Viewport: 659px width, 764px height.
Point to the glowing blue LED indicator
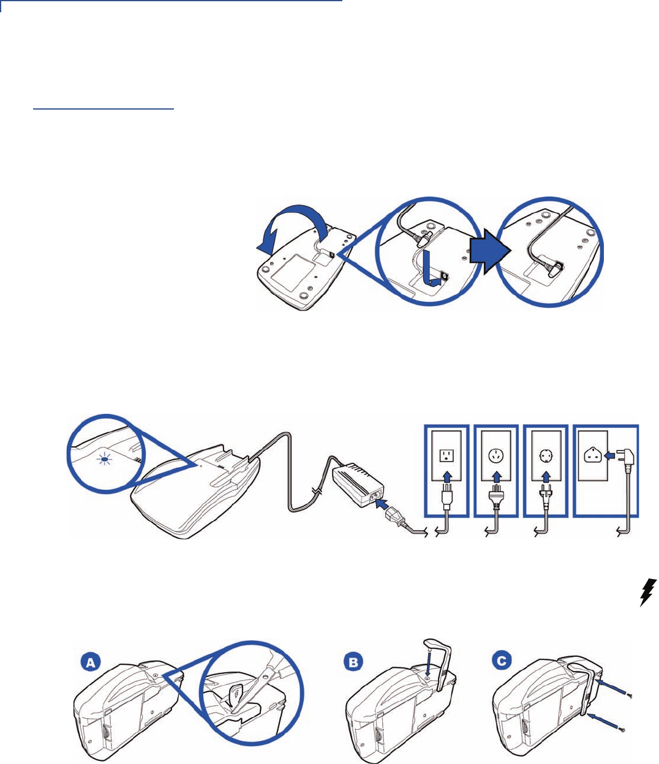click(105, 460)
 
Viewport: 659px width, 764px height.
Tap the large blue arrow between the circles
click(491, 251)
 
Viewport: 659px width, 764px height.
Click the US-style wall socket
click(447, 455)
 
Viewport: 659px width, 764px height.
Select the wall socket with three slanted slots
click(496, 455)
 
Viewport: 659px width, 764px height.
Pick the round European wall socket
click(546, 455)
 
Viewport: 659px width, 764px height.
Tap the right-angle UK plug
click(626, 460)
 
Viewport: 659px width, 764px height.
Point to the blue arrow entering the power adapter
click(381, 503)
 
